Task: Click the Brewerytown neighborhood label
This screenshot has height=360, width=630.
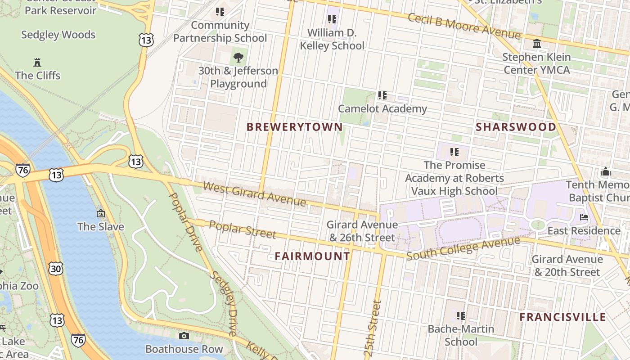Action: [295, 127]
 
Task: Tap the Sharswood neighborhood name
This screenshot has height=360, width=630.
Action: [516, 127]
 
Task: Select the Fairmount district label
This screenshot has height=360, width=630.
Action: [312, 256]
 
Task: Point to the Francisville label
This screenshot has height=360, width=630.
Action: [562, 317]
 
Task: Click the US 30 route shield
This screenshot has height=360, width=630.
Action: [56, 269]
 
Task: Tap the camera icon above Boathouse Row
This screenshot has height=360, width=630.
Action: [184, 336]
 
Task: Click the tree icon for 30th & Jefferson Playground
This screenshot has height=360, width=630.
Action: [238, 57]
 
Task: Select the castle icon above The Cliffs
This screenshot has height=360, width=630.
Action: [37, 62]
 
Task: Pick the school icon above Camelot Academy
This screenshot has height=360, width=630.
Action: [382, 95]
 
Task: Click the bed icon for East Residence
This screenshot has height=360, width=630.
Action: [584, 217]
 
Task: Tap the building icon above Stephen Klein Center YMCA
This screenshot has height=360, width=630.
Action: [536, 44]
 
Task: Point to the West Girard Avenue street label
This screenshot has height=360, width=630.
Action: [254, 193]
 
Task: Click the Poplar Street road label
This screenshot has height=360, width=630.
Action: [243, 229]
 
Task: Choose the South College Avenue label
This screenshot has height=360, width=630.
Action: [463, 248]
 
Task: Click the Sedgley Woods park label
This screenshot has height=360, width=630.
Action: [58, 35]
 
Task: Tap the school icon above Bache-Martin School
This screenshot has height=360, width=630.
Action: [460, 315]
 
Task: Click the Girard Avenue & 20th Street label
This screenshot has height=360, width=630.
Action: [567, 265]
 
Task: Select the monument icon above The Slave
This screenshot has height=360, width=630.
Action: [100, 213]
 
